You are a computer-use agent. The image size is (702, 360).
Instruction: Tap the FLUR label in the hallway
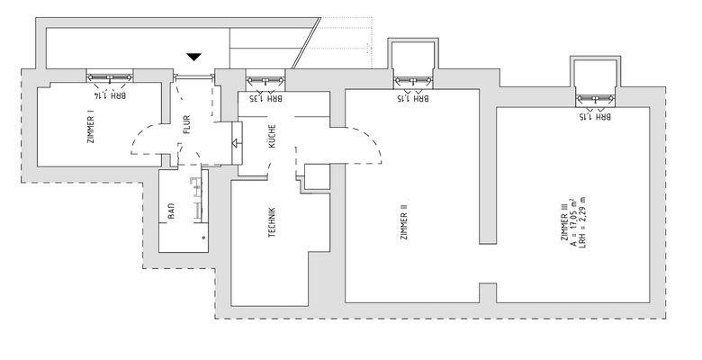(x=186, y=132)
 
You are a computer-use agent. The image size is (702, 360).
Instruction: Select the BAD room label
(x=170, y=213)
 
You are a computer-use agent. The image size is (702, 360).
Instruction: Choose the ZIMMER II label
(x=405, y=221)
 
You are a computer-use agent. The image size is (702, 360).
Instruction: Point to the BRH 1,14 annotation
(x=111, y=94)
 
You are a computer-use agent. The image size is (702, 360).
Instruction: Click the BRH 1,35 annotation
(x=266, y=99)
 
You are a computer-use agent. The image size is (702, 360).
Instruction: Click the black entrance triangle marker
(x=193, y=58)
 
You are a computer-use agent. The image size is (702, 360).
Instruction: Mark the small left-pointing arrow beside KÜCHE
(x=237, y=142)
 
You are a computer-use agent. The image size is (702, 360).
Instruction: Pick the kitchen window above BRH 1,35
(x=266, y=81)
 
